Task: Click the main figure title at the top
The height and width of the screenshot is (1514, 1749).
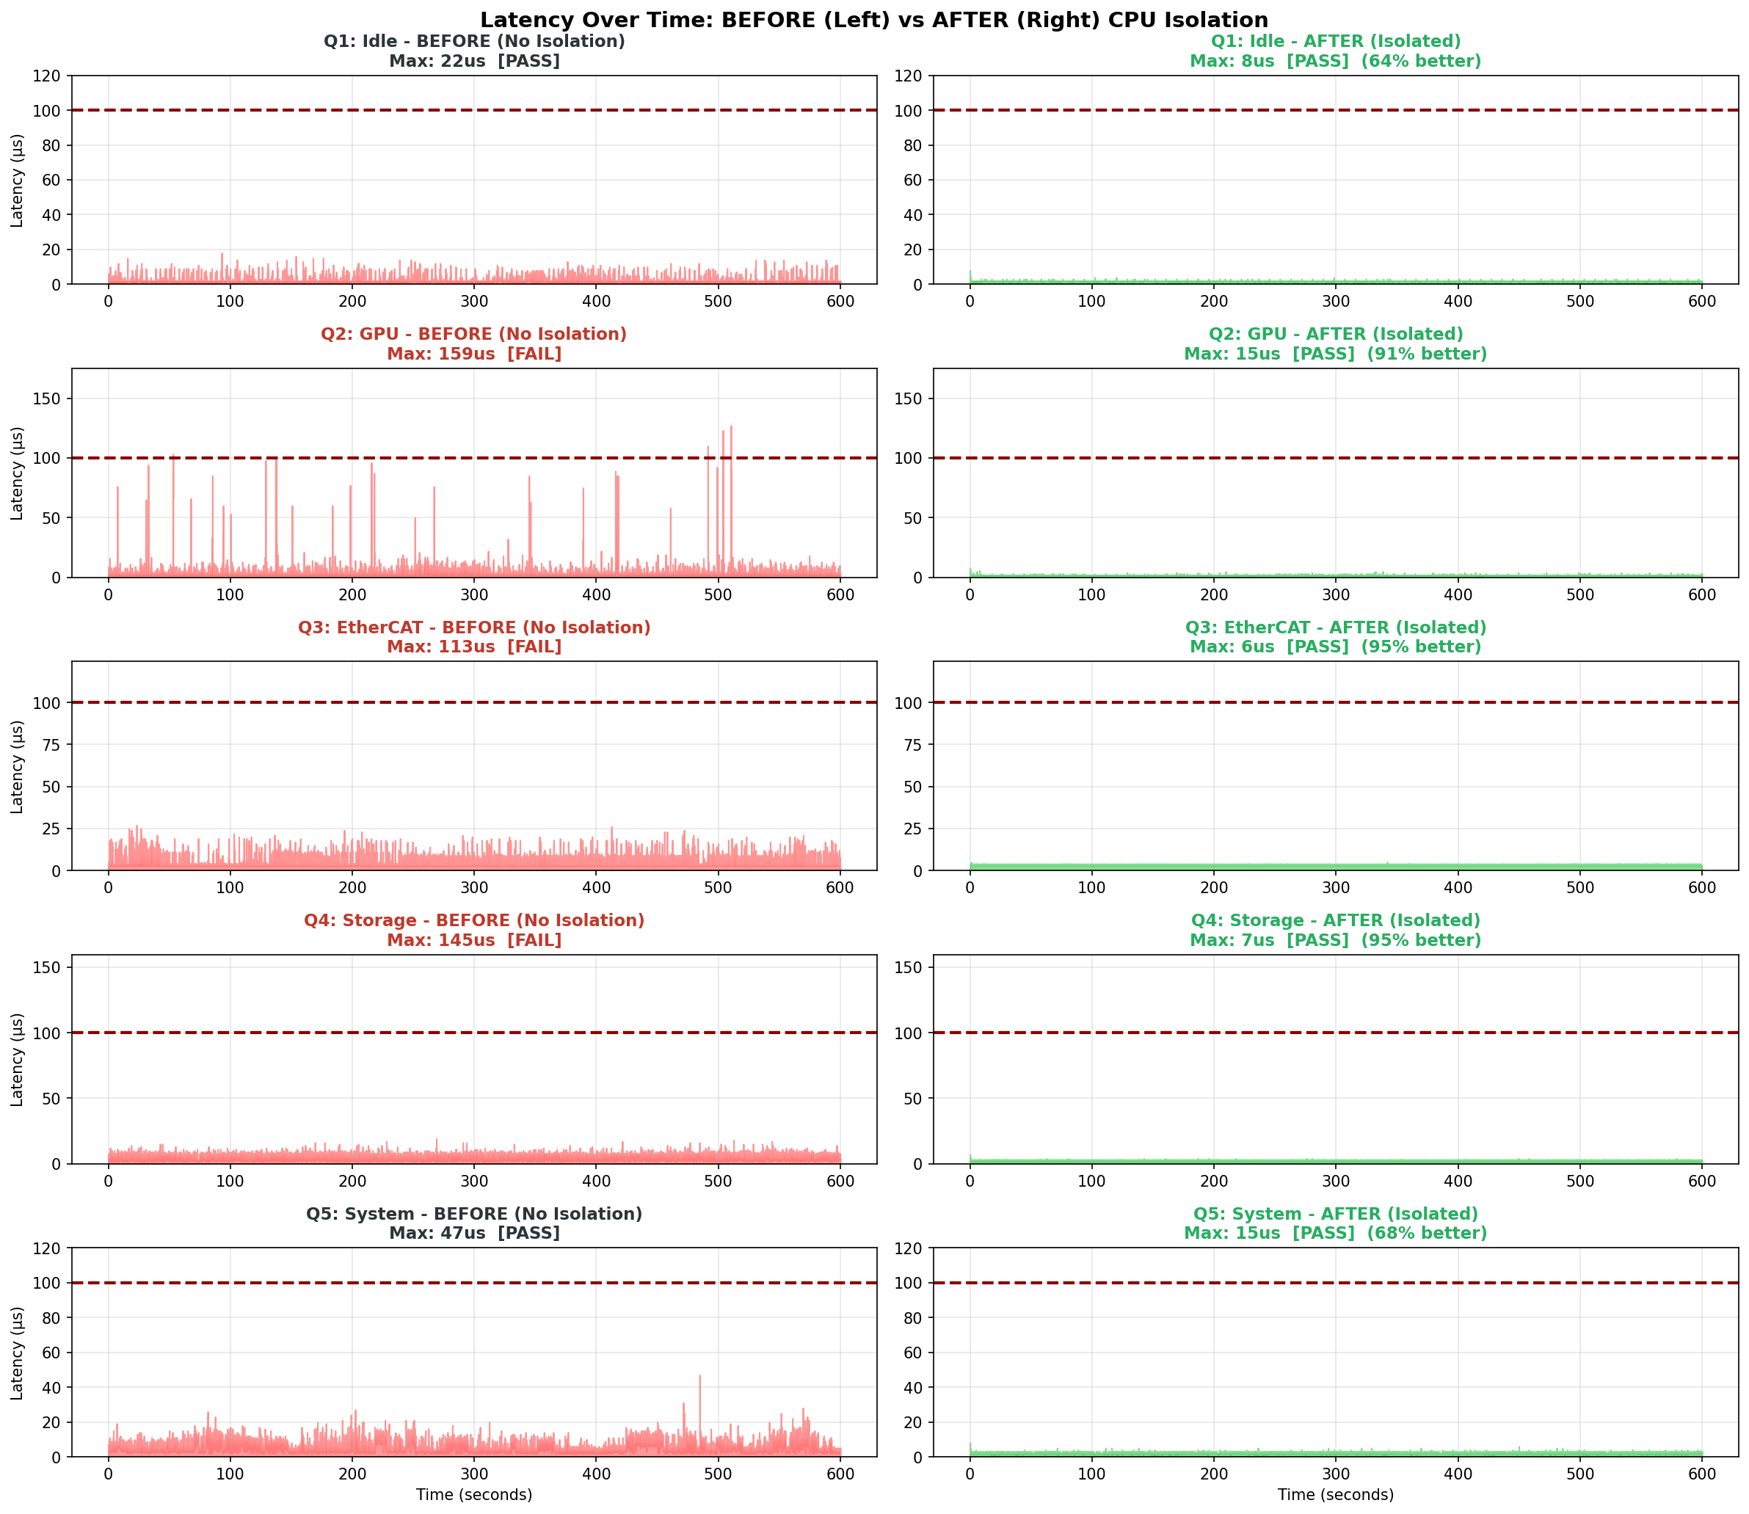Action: pyautogui.click(x=873, y=21)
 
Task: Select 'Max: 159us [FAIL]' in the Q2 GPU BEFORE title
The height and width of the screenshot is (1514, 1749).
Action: pyautogui.click(x=474, y=354)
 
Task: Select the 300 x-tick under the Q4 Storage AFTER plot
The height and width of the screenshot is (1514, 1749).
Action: pyautogui.click(x=1336, y=1181)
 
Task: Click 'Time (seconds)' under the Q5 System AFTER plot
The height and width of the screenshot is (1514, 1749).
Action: pyautogui.click(x=1336, y=1495)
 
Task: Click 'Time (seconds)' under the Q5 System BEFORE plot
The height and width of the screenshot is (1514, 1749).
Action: pyautogui.click(x=474, y=1495)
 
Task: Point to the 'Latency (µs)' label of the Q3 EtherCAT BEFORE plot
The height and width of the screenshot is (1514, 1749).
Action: pyautogui.click(x=17, y=766)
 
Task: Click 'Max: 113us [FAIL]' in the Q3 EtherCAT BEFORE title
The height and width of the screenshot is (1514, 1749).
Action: pyautogui.click(x=474, y=647)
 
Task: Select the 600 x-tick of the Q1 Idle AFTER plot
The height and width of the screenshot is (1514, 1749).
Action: pyautogui.click(x=1702, y=302)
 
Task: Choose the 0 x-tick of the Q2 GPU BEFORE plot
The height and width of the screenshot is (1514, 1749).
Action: pyautogui.click(x=108, y=594)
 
